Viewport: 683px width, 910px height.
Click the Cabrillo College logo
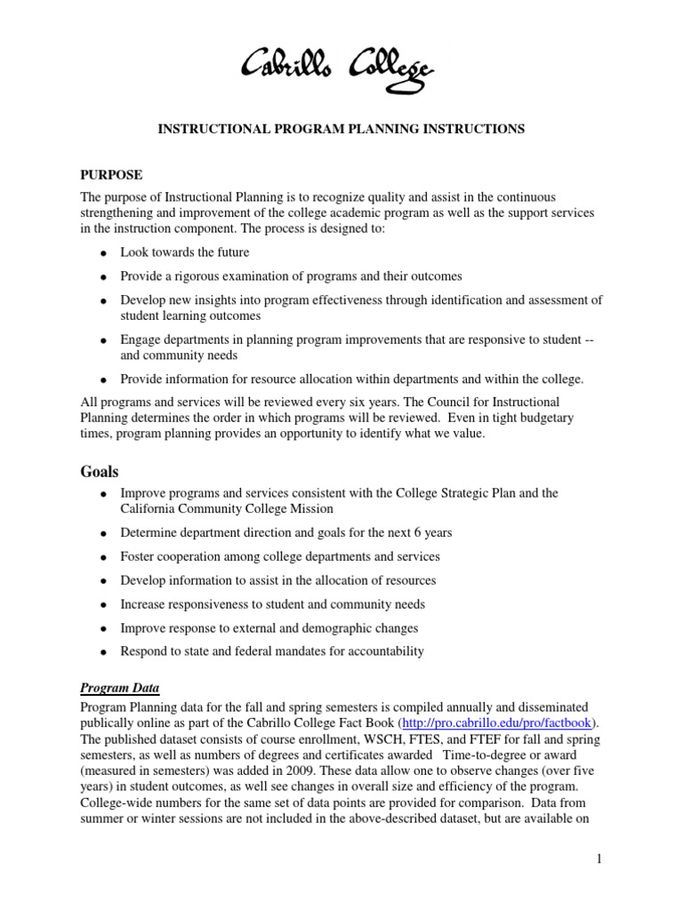pos(341,67)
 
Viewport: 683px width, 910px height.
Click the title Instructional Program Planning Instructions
pos(341,129)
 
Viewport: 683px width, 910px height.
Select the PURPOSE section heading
pos(111,174)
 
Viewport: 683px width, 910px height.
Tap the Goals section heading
pos(100,471)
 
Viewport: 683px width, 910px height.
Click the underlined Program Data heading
pos(120,687)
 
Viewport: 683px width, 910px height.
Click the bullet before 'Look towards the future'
pos(104,253)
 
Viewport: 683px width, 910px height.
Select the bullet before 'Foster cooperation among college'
pos(104,557)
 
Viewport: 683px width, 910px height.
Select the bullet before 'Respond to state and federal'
pos(104,652)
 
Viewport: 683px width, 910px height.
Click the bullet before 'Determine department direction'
pos(104,533)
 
